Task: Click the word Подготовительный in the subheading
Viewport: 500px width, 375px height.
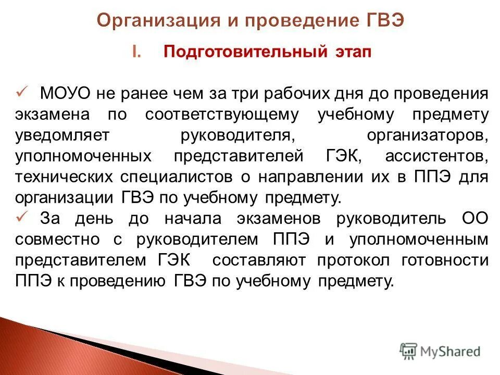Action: click(245, 53)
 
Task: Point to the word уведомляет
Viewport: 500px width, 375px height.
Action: click(63, 135)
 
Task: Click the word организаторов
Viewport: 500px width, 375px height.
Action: click(427, 135)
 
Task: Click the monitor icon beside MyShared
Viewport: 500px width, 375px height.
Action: click(409, 351)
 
